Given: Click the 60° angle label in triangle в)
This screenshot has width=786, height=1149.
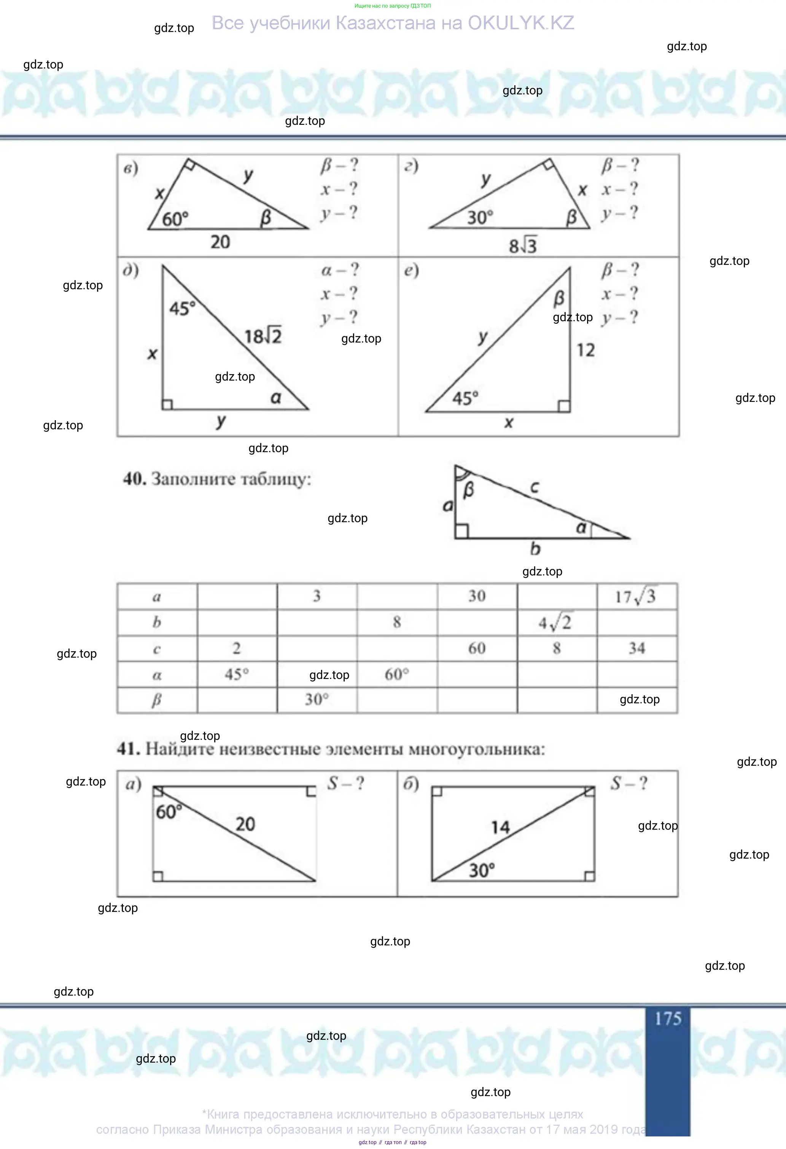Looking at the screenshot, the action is (175, 218).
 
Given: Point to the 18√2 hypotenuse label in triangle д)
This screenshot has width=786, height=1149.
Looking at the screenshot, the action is (263, 336).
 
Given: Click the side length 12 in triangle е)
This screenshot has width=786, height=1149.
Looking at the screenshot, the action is (586, 350).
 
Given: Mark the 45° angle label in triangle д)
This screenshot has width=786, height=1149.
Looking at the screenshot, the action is (182, 309).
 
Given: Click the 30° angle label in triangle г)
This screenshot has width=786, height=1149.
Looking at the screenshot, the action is (481, 218).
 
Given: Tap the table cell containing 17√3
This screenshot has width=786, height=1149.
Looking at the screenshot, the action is (637, 596).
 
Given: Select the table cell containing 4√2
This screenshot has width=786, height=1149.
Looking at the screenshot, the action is (557, 623).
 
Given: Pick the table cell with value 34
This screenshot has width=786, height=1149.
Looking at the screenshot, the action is (637, 649).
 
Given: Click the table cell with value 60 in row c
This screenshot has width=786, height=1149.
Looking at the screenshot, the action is (477, 649).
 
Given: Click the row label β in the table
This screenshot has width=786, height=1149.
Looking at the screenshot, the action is (157, 700).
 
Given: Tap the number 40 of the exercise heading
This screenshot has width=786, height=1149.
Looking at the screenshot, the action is (134, 478).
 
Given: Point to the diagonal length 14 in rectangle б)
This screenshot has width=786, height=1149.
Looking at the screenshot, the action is (500, 827).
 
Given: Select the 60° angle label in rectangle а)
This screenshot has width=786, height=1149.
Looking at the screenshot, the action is (169, 812).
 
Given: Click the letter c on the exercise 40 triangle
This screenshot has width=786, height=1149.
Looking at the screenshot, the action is (535, 488).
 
